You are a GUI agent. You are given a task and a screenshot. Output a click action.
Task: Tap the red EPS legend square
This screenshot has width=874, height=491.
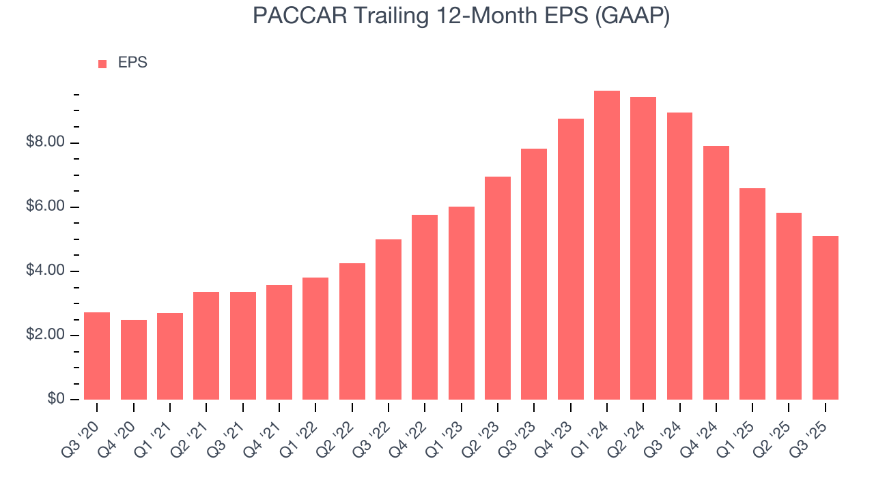tap(102, 64)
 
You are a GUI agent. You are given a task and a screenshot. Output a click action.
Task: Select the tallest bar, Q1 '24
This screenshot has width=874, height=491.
tap(607, 245)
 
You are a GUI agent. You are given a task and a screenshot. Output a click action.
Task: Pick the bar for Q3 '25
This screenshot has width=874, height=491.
tap(826, 318)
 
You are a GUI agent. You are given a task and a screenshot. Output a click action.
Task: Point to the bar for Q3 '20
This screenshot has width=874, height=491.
tap(97, 356)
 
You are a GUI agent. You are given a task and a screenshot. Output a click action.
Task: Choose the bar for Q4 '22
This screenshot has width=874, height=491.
tap(425, 307)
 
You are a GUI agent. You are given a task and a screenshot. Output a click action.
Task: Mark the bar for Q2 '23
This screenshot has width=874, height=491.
tap(498, 288)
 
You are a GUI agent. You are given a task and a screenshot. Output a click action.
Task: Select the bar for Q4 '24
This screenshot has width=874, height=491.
tap(716, 273)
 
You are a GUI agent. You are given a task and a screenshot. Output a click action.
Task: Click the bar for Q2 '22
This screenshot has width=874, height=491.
tap(352, 331)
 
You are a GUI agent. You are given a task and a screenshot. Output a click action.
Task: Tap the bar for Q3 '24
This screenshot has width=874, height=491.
tap(679, 256)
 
